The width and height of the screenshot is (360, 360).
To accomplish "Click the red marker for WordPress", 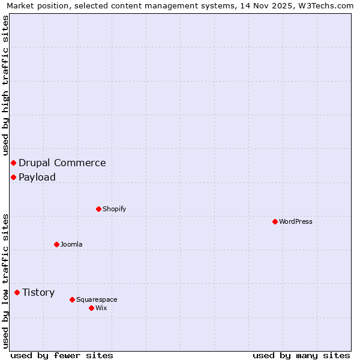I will pyautogui.click(x=275, y=221).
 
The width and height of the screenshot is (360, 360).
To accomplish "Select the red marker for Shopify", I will pyautogui.click(x=98, y=209).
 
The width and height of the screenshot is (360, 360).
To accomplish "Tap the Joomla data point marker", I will pyautogui.click(x=56, y=244).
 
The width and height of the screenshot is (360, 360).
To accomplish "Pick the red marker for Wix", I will pyautogui.click(x=91, y=308).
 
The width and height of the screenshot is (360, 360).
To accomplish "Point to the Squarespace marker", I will pyautogui.click(x=72, y=299).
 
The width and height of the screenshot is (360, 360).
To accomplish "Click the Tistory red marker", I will pyautogui.click(x=17, y=292).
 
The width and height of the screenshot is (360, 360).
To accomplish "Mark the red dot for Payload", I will pyautogui.click(x=13, y=177).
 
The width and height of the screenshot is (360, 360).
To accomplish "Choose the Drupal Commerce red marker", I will pyautogui.click(x=13, y=163).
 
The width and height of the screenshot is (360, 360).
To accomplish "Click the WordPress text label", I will pyautogui.click(x=296, y=221).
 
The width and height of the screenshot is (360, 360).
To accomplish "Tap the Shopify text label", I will pyautogui.click(x=114, y=209).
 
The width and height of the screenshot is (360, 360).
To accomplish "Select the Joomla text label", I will pyautogui.click(x=71, y=244).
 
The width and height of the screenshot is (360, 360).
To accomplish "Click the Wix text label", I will pyautogui.click(x=101, y=308).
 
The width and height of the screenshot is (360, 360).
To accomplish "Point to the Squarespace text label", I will pyautogui.click(x=97, y=299).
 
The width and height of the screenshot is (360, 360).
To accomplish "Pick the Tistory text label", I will pyautogui.click(x=38, y=292).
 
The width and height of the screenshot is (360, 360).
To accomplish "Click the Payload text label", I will pyautogui.click(x=37, y=177).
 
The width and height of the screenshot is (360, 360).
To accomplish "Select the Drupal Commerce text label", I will pyautogui.click(x=62, y=163).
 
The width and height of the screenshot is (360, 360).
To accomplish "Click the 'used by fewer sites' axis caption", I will pyautogui.click(x=62, y=355).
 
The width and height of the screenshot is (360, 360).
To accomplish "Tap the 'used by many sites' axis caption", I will pyautogui.click(x=301, y=355).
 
